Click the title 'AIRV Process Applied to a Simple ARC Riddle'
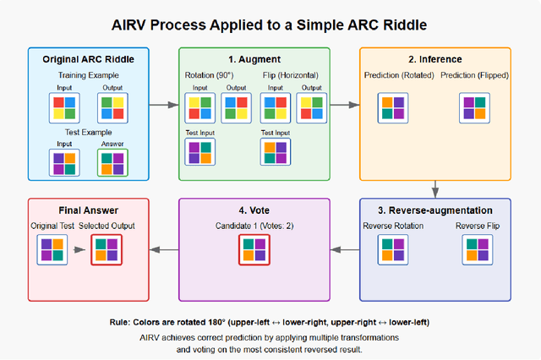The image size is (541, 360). (270, 23)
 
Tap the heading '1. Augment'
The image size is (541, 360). (254, 59)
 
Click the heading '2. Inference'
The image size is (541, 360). (435, 59)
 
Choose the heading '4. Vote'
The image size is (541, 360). (254, 210)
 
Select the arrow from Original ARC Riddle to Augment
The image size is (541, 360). (163, 105)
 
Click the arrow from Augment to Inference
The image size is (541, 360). (344, 105)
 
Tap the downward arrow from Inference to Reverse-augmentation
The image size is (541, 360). (435, 188)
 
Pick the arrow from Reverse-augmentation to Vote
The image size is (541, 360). (344, 250)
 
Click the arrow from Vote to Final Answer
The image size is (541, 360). (163, 250)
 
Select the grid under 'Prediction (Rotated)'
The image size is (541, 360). (391, 108)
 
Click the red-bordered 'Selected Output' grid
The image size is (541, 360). (107, 251)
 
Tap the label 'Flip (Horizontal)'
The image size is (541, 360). (293, 76)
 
